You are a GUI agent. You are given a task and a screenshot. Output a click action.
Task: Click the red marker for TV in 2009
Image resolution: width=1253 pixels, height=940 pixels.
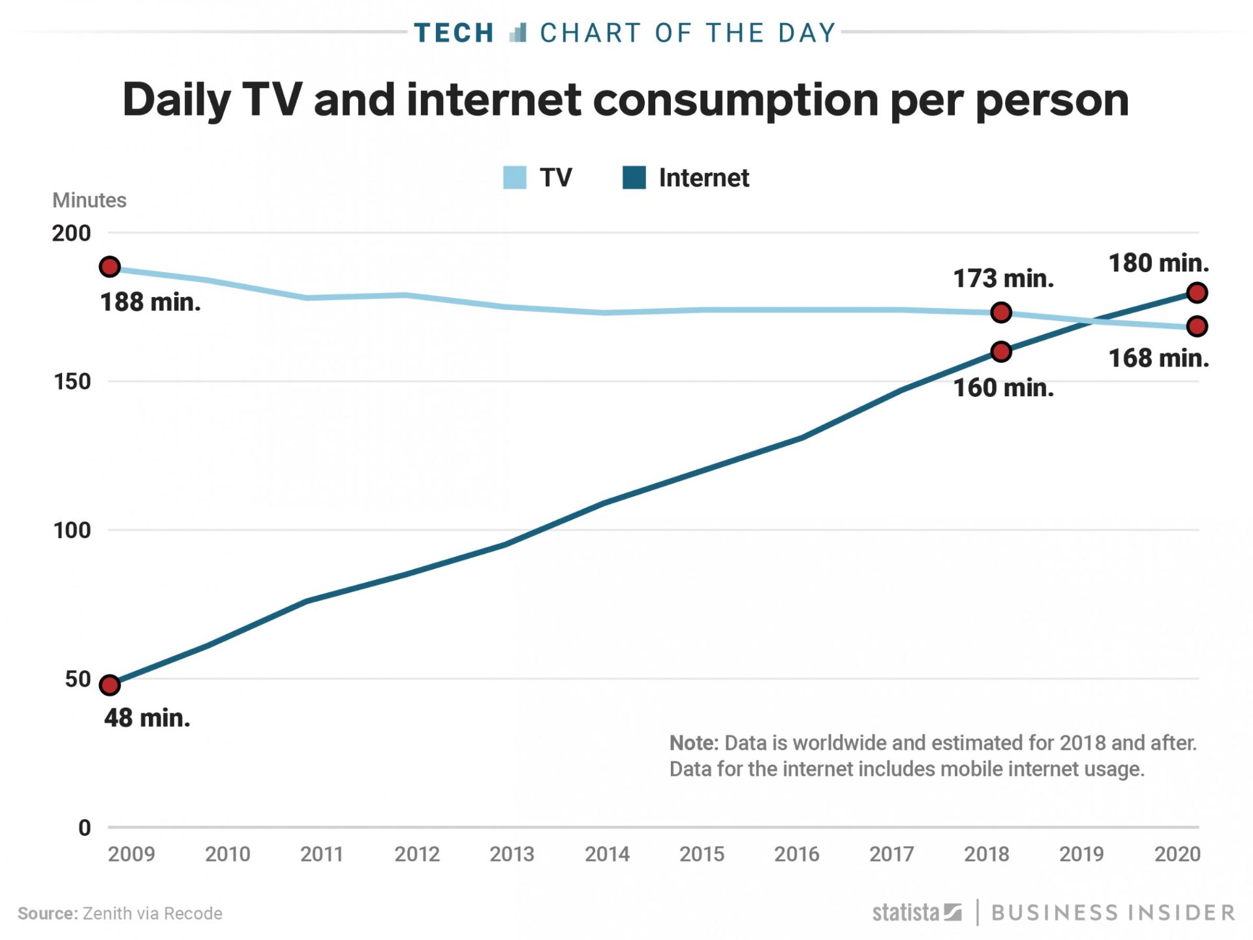[x=110, y=266]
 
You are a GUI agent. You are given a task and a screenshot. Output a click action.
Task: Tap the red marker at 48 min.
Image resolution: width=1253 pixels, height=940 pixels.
[x=110, y=685]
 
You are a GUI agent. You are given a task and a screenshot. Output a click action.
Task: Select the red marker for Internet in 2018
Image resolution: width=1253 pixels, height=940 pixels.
[x=1000, y=352]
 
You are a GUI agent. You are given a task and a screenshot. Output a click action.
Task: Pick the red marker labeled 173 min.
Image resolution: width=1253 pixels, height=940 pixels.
[x=1000, y=313]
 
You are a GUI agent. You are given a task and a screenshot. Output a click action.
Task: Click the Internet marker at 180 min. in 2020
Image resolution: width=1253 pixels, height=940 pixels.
[x=1196, y=292]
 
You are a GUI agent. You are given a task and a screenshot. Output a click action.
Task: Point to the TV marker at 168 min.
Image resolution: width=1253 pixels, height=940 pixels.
[x=1196, y=326]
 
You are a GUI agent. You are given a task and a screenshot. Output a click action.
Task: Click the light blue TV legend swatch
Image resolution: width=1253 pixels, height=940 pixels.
[x=514, y=178]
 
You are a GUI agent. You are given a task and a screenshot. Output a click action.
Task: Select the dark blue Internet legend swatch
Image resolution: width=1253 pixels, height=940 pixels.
[x=634, y=178]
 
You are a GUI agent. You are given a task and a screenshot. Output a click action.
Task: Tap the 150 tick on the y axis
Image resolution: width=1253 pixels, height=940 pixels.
[x=72, y=381]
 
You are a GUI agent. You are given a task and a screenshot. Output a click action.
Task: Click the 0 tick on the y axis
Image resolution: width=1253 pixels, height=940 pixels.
[x=84, y=828]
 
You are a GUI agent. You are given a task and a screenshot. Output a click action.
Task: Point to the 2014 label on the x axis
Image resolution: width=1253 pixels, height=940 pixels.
[x=607, y=854]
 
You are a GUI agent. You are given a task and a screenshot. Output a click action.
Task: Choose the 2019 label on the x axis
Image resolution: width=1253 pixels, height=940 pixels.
[x=1081, y=854]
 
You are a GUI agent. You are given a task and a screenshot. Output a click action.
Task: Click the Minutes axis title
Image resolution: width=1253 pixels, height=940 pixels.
[x=89, y=200]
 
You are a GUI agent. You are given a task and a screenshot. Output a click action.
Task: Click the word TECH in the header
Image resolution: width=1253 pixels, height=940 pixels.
[x=454, y=33]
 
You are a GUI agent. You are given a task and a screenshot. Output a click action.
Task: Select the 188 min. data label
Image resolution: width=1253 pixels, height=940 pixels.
[x=150, y=302]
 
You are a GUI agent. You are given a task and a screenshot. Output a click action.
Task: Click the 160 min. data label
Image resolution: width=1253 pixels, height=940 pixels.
[x=1003, y=388]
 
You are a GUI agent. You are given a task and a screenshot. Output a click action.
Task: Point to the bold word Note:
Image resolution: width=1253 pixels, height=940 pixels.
[x=693, y=743]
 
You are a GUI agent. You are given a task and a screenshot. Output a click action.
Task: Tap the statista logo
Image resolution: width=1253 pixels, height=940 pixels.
[x=916, y=912]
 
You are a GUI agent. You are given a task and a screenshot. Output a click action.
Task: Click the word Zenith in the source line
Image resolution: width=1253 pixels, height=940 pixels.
[x=106, y=913]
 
